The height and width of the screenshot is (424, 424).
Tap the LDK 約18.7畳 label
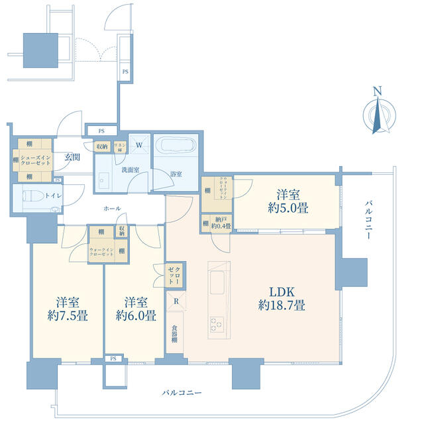[281, 298]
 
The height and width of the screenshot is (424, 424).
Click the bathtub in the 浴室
[176, 146]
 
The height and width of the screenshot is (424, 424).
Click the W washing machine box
[140, 144]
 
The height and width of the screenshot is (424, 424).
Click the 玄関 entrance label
[72, 158]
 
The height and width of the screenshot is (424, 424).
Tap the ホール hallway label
[112, 209]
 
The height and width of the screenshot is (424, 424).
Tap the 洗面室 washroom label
[130, 170]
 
